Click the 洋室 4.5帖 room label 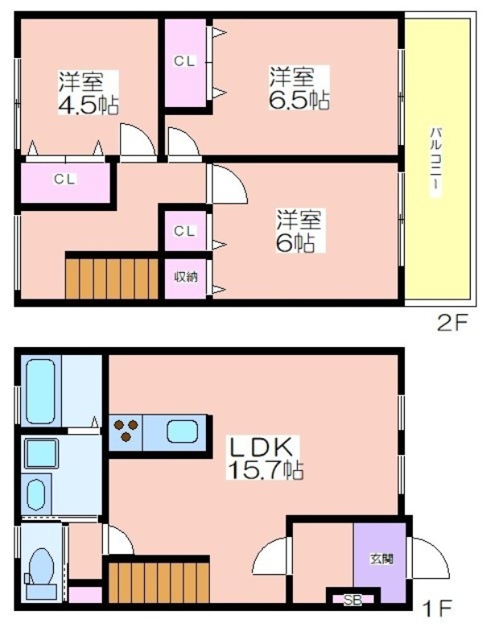pyautogui.click(x=89, y=93)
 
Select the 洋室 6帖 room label pyautogui.click(x=299, y=230)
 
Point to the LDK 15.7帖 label pyautogui.click(x=265, y=458)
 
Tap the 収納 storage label pyautogui.click(x=186, y=277)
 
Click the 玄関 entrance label pyautogui.click(x=381, y=559)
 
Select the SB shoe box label pyautogui.click(x=352, y=601)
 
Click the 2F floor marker pyautogui.click(x=452, y=324)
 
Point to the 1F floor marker pyautogui.click(x=439, y=609)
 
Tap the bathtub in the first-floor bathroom pyautogui.click(x=40, y=391)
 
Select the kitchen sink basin pyautogui.click(x=182, y=433)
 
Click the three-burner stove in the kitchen pyautogui.click(x=126, y=431)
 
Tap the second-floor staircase pyautogui.click(x=112, y=278)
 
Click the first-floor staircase pyautogui.click(x=159, y=582)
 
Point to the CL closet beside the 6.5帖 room pyautogui.click(x=185, y=63)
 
